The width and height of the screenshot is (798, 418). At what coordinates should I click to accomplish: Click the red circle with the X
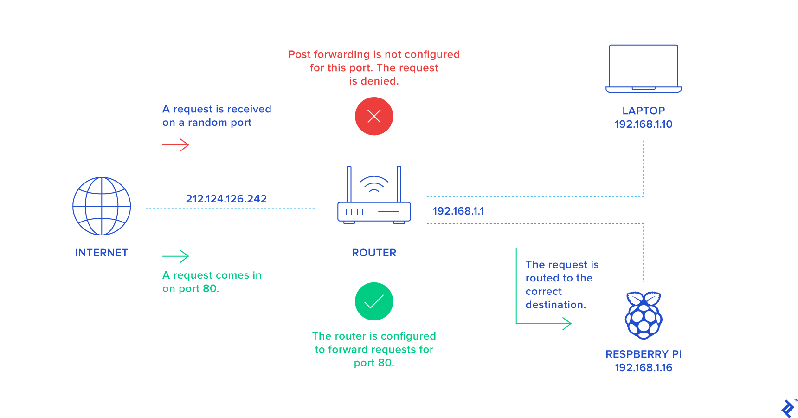pos(374,116)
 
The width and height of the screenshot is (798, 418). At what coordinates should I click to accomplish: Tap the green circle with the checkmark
pos(374,301)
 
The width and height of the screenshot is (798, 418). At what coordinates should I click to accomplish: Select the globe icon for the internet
pos(102,206)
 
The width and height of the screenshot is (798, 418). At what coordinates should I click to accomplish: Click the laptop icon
pos(644,68)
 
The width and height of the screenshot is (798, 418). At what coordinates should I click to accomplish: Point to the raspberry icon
pos(644,315)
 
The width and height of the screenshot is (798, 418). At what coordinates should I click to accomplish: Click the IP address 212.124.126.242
pos(226,199)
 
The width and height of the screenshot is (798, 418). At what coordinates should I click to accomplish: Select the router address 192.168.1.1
pos(458,211)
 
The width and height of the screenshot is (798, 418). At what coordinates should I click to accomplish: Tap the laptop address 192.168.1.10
pos(644,124)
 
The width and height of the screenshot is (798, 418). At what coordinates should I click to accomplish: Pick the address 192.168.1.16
pos(644,367)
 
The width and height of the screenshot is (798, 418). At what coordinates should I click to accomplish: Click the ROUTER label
pos(374,253)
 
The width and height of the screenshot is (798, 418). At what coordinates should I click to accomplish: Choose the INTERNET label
pos(102,253)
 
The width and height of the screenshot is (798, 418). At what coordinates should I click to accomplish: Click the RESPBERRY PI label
pos(644,354)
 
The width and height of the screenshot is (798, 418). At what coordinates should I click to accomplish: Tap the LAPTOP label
pos(644,111)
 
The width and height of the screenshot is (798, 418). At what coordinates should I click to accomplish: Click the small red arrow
pos(176,145)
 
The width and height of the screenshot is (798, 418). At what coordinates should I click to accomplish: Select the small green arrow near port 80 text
pos(176,256)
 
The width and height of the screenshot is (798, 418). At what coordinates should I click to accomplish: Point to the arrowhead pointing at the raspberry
pos(567,323)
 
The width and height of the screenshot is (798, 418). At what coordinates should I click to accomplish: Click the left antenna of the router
pos(349,184)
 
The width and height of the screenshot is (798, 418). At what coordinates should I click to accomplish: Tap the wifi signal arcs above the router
pos(374,183)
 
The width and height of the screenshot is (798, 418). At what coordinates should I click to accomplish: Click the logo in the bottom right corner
pos(787,408)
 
